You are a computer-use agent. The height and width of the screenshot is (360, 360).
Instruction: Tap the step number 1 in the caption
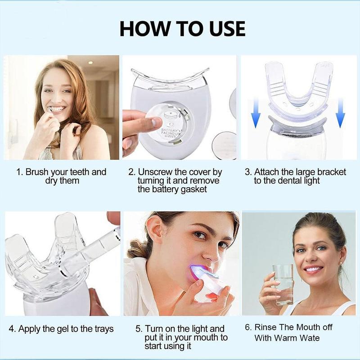point(18,172)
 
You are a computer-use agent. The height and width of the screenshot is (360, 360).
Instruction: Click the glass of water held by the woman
point(282,283)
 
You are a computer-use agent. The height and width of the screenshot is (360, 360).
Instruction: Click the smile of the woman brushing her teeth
point(57,109)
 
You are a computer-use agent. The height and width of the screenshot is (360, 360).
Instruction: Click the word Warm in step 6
point(290,338)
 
